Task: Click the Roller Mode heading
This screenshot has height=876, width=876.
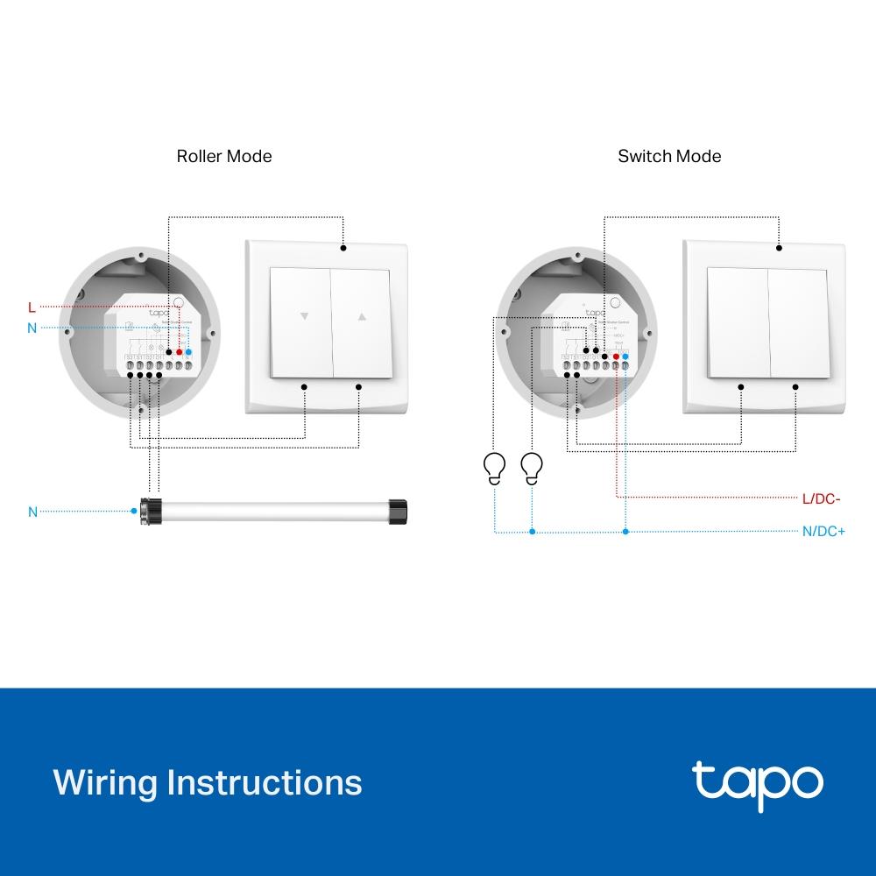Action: click(x=224, y=157)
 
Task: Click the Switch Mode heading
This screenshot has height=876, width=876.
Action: click(x=669, y=157)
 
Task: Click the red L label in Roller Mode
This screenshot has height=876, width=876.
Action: click(x=32, y=307)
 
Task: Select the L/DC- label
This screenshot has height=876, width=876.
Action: click(x=821, y=499)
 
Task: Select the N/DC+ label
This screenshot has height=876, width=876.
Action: click(x=823, y=532)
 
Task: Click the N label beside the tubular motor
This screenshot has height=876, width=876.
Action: click(x=32, y=512)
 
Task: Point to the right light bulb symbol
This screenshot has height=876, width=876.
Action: click(x=532, y=467)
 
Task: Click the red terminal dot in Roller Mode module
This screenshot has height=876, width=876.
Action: click(x=180, y=352)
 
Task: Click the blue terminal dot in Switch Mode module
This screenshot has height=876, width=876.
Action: click(x=625, y=357)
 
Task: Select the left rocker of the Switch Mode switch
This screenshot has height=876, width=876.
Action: click(x=738, y=321)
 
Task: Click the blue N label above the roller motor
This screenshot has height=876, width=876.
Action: click(x=32, y=328)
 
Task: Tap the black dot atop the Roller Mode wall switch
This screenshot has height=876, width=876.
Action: click(x=343, y=248)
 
